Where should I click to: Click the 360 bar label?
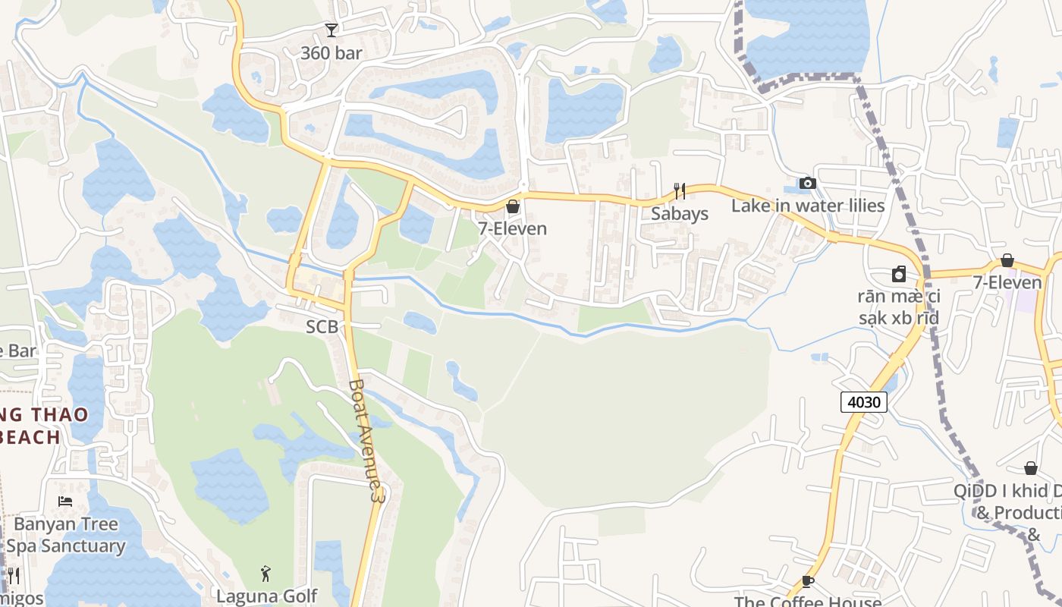pyautogui.click(x=331, y=53)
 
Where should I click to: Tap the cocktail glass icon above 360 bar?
pyautogui.click(x=331, y=30)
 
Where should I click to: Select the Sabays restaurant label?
pyautogui.click(x=680, y=213)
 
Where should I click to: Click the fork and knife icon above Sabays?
pyautogui.click(x=680, y=190)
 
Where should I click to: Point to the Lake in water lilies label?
pyautogui.click(x=808, y=206)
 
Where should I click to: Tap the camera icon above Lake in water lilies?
pyautogui.click(x=808, y=184)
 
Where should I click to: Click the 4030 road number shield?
pyautogui.click(x=864, y=401)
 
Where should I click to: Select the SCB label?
pyautogui.click(x=322, y=327)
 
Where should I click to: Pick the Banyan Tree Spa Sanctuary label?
pyautogui.click(x=66, y=535)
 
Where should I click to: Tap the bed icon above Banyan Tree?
pyautogui.click(x=65, y=502)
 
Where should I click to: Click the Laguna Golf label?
pyautogui.click(x=266, y=596)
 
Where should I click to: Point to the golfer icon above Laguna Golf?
pyautogui.click(x=265, y=573)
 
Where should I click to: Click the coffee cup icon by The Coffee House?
pyautogui.click(x=808, y=581)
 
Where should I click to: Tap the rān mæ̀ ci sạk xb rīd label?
pyautogui.click(x=899, y=307)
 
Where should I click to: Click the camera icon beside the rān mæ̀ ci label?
pyautogui.click(x=899, y=274)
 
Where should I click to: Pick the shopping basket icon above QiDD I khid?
pyautogui.click(x=1031, y=468)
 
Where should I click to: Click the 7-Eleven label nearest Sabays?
pyautogui.click(x=512, y=228)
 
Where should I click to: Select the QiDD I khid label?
pyautogui.click(x=1009, y=491)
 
